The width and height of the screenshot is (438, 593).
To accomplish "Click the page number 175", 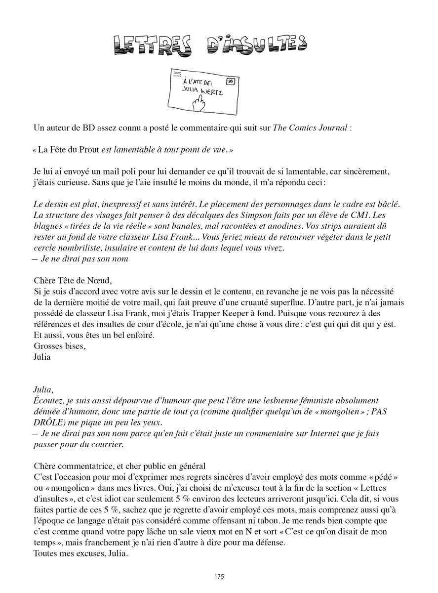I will click(219, 576).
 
